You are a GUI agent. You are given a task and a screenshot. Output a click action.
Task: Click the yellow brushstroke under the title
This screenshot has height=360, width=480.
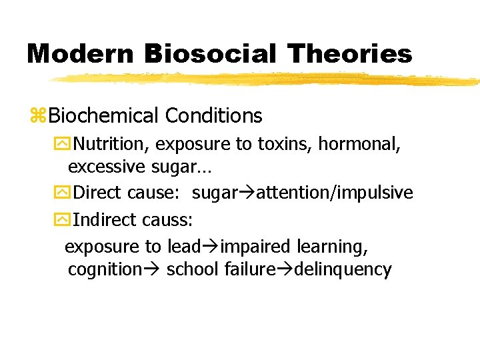(267, 79)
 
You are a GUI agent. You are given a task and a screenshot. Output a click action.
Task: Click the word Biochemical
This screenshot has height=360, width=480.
(103, 116)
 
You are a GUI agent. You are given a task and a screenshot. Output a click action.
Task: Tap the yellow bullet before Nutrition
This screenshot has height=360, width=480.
(62, 143)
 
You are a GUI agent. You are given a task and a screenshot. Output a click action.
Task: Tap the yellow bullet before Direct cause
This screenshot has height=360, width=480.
(62, 193)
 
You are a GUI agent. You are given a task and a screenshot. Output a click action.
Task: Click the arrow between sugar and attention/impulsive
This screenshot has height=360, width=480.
(247, 193)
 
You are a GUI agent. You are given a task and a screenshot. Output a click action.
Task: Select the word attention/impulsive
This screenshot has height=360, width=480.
(335, 193)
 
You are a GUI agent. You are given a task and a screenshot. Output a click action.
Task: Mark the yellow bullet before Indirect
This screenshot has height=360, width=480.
(62, 219)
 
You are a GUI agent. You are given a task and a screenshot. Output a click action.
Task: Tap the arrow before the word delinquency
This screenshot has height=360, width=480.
(288, 269)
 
